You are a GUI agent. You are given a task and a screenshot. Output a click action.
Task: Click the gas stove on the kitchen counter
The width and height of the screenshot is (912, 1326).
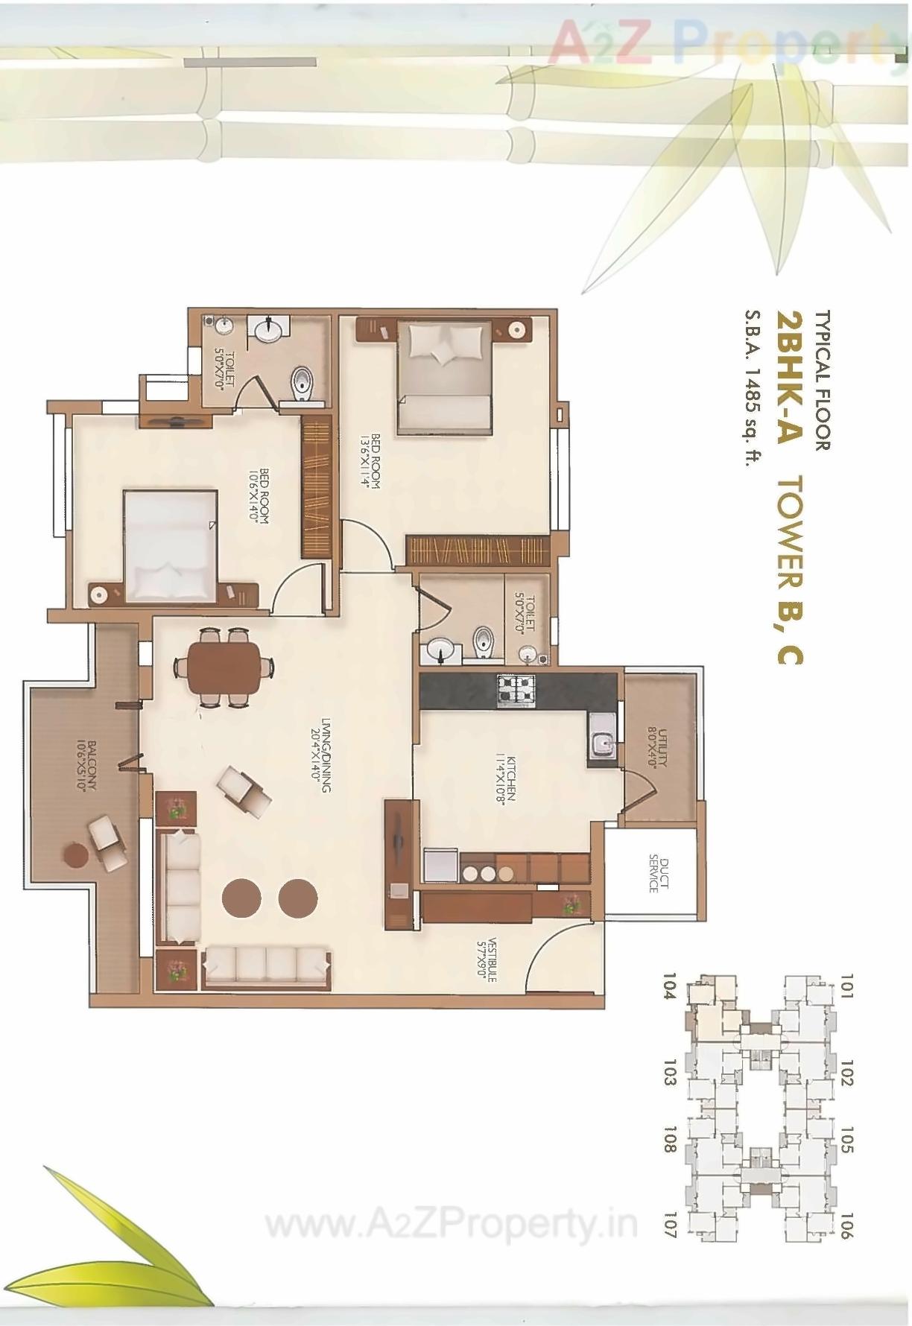coord(516,689)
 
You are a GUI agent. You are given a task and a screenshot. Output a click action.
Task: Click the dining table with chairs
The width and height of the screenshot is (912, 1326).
coord(224,667)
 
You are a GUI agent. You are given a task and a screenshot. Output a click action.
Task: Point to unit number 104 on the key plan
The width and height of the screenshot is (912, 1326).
coord(668,989)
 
